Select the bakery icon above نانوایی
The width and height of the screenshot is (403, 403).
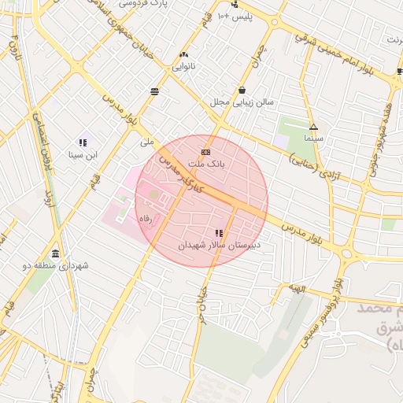click(x=184, y=54)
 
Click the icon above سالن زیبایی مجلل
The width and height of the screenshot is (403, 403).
click(x=241, y=90)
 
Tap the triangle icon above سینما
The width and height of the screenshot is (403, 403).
click(x=313, y=126)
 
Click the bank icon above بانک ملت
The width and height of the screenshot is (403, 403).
click(x=205, y=151)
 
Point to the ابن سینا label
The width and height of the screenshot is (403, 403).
click(x=82, y=155)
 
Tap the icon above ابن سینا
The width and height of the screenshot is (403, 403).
click(x=82, y=142)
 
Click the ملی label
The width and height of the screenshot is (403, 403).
click(x=146, y=142)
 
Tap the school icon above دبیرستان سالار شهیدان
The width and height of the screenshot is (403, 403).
click(x=218, y=233)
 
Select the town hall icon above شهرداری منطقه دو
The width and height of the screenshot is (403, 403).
click(x=55, y=253)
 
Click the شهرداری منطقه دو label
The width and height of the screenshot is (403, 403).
click(x=55, y=266)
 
